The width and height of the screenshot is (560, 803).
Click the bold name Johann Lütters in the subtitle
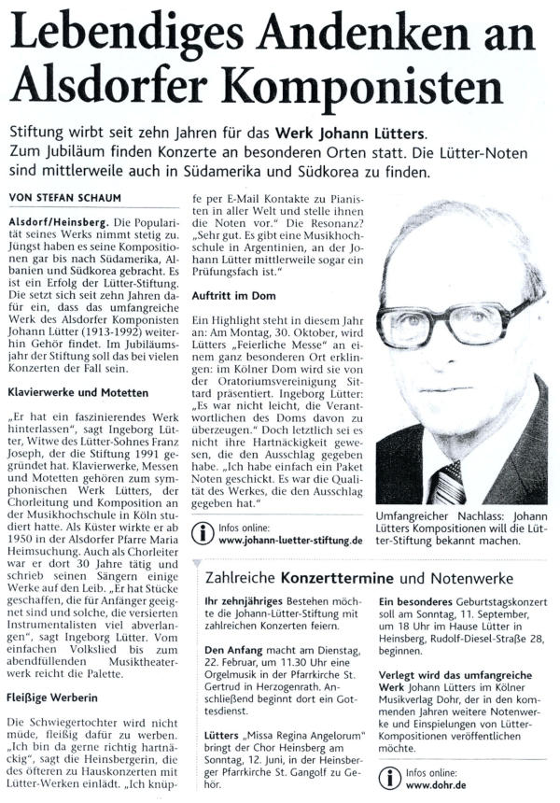click(x=425, y=131)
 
